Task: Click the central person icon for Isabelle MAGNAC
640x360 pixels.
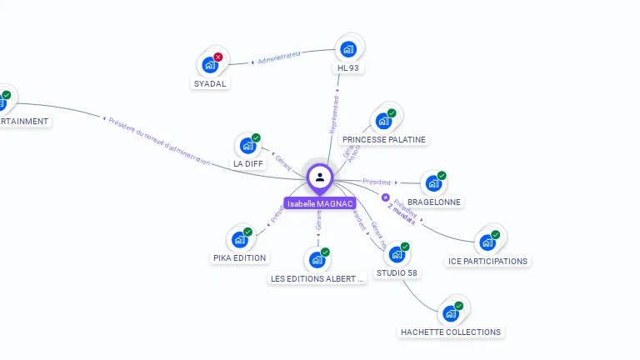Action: click(320, 177)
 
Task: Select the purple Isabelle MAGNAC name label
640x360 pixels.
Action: click(320, 203)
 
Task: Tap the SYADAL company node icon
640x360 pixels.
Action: click(209, 64)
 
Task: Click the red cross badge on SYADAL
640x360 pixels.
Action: click(218, 57)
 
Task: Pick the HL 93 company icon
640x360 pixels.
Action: click(348, 48)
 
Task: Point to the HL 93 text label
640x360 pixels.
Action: click(348, 67)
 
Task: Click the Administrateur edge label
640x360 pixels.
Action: click(278, 57)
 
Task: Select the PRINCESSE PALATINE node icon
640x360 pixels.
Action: click(383, 121)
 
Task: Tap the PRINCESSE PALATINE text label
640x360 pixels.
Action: click(384, 139)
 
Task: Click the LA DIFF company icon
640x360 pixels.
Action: click(247, 145)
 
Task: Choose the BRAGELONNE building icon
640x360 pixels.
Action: click(432, 183)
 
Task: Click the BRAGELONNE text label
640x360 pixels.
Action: click(433, 202)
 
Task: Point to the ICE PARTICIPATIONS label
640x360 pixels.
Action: click(487, 261)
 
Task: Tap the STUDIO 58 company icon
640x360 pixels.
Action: click(396, 254)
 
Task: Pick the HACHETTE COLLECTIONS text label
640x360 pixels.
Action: click(451, 332)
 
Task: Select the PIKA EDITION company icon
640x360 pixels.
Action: click(239, 240)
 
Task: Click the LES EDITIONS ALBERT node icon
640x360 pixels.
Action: click(317, 260)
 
